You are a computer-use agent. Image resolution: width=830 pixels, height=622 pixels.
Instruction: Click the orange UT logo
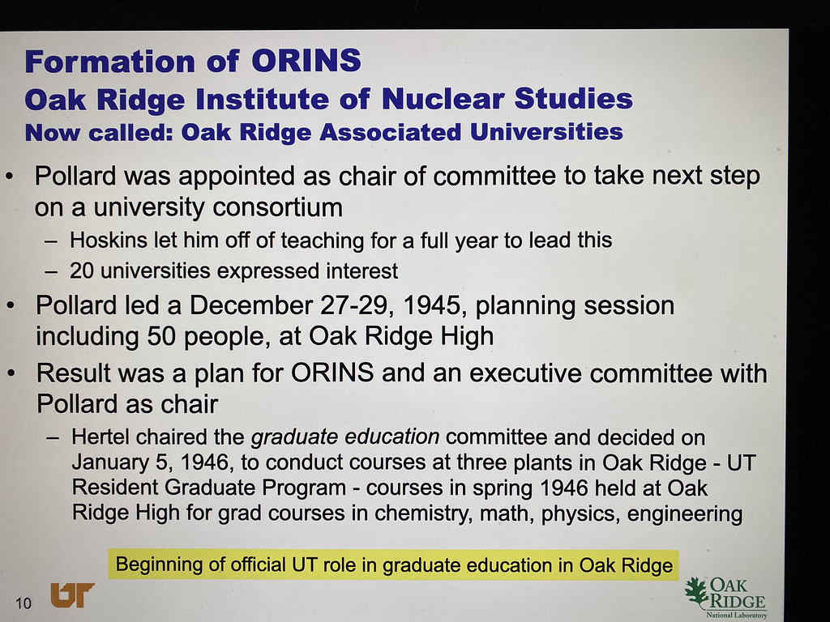pos(72,595)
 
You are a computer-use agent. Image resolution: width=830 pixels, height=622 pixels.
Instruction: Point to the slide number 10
pos(24,603)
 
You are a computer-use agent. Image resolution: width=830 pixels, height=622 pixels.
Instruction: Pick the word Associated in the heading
pos(391,132)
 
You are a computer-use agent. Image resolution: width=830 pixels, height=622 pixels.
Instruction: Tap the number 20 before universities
pos(82,271)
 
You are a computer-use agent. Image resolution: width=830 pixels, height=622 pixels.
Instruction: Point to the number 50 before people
pos(161,336)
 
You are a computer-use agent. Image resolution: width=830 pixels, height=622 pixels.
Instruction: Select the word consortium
pos(277,207)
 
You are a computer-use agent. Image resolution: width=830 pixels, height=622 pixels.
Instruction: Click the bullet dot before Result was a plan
pos(11,373)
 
